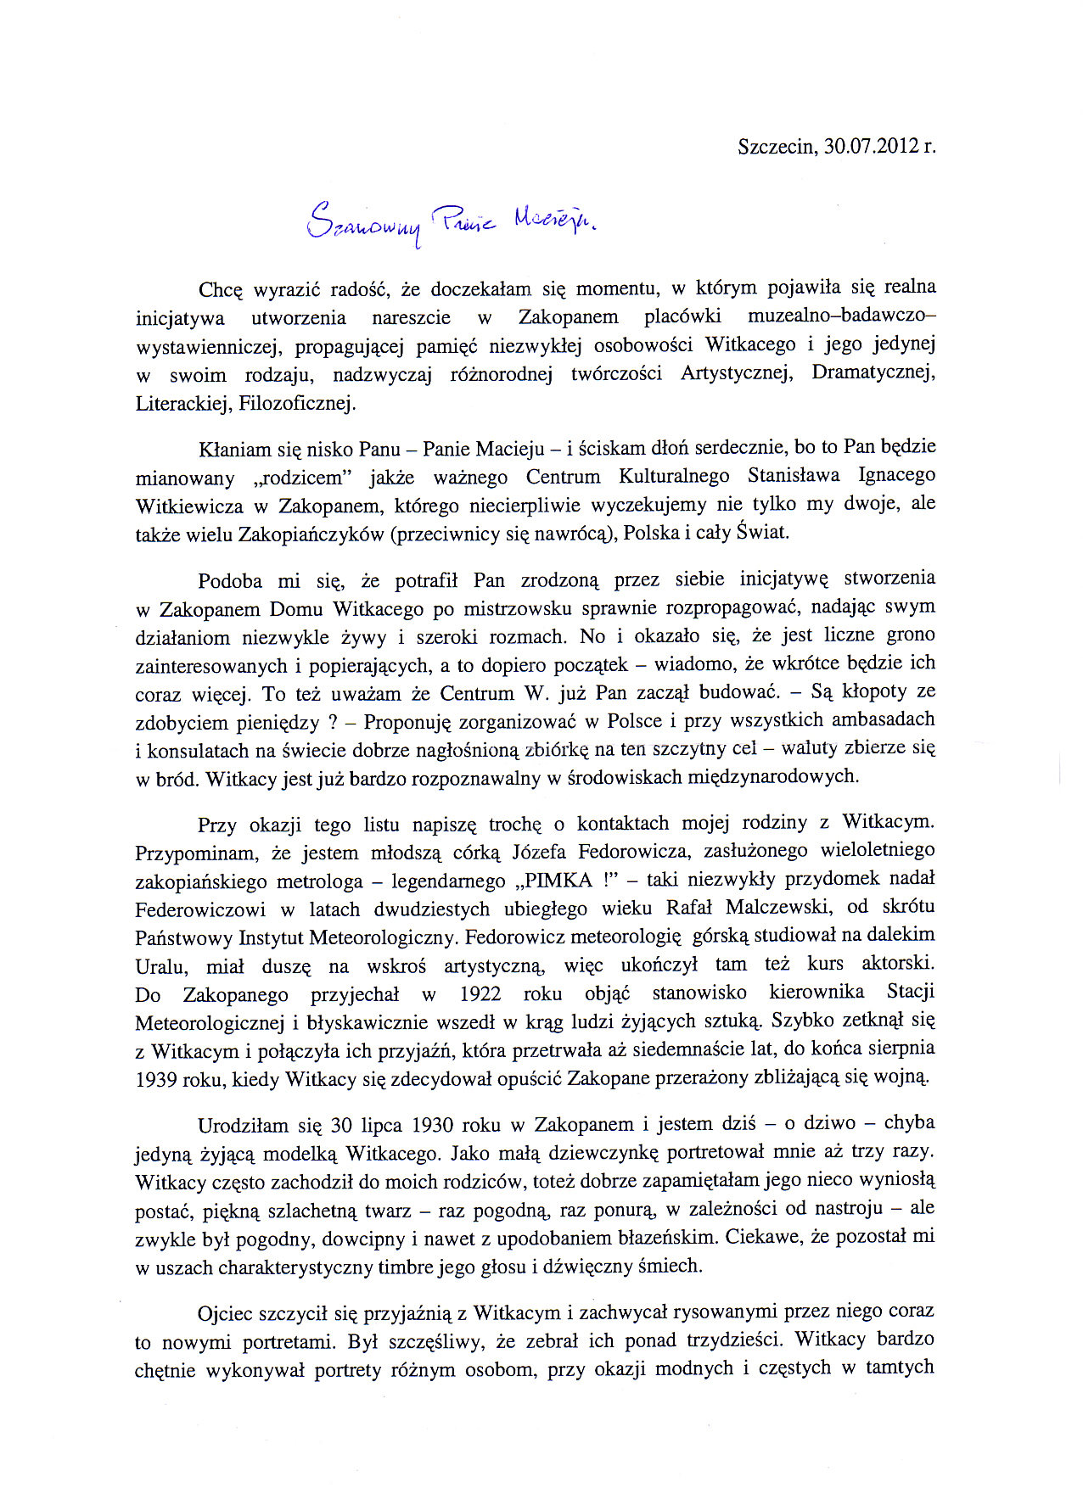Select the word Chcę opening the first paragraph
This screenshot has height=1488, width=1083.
[x=221, y=289]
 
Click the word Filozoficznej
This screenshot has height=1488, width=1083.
[x=297, y=403]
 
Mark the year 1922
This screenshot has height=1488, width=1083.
[x=480, y=993]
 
